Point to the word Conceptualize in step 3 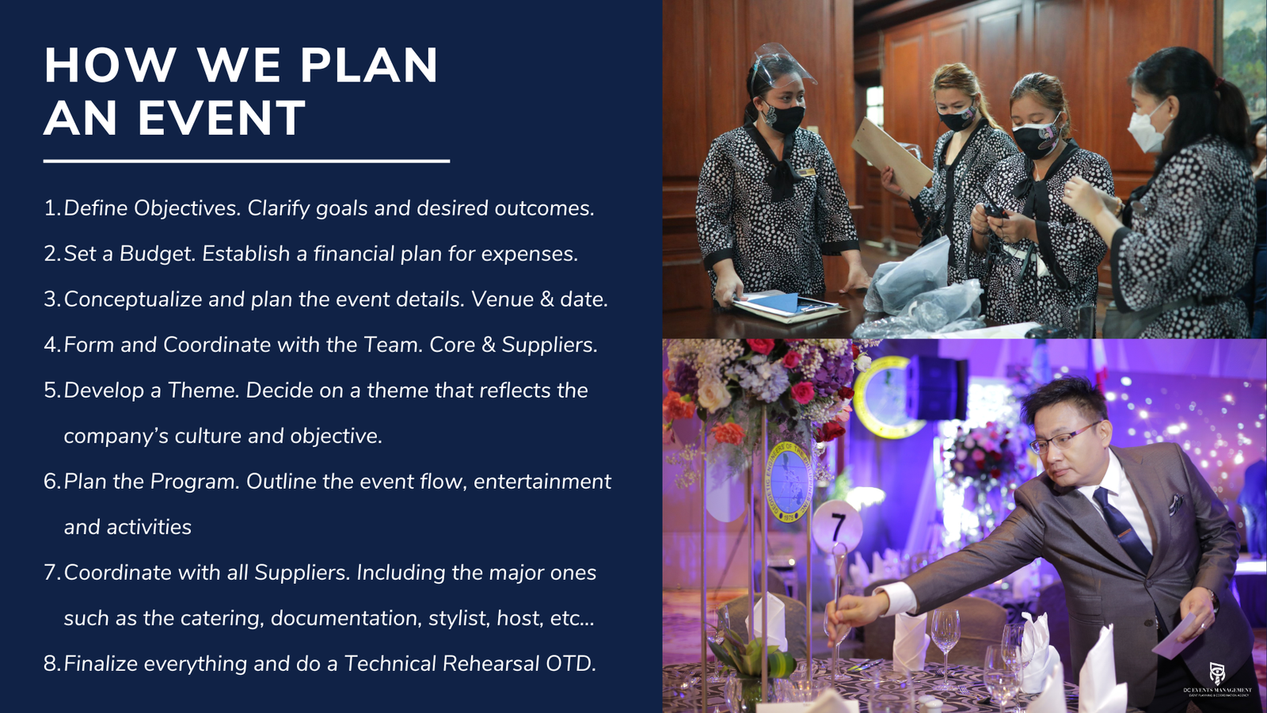click(x=133, y=299)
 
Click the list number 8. click(x=51, y=664)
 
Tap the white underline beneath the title click(x=246, y=162)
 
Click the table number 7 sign click(x=837, y=528)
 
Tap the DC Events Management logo click(x=1217, y=679)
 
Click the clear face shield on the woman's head click(x=783, y=63)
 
